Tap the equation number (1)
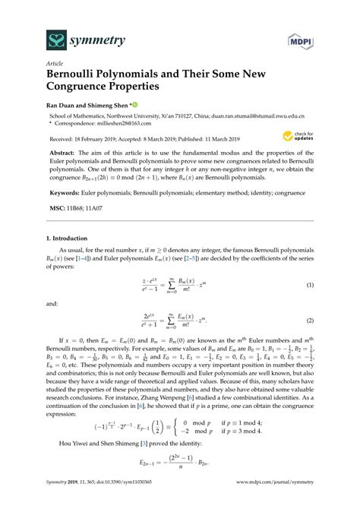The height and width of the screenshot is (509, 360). click(x=309, y=284)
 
